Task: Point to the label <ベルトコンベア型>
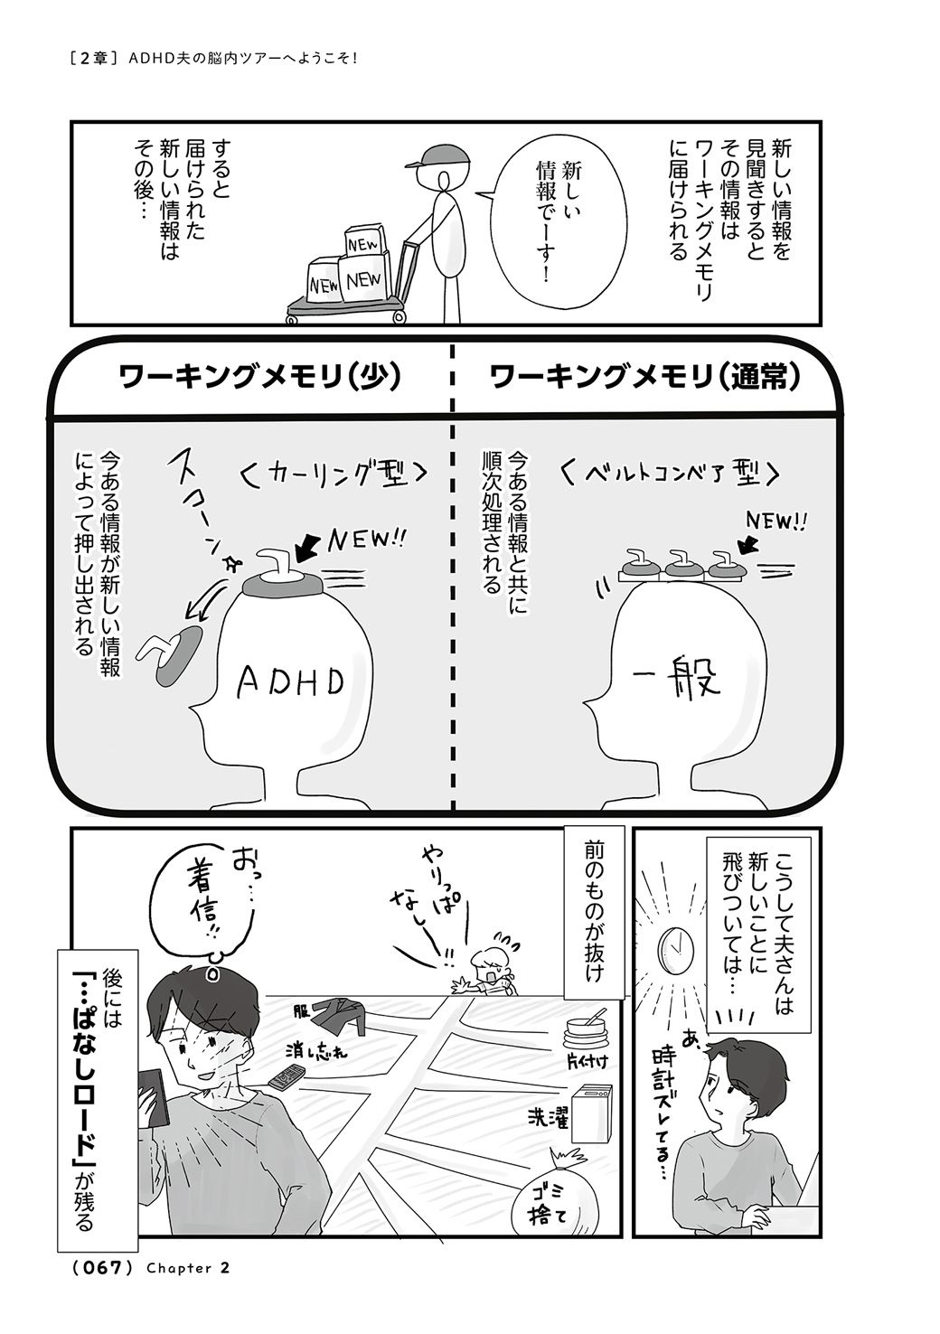[669, 474]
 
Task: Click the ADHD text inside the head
[289, 681]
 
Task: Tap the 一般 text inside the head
[677, 678]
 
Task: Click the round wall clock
[675, 950]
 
